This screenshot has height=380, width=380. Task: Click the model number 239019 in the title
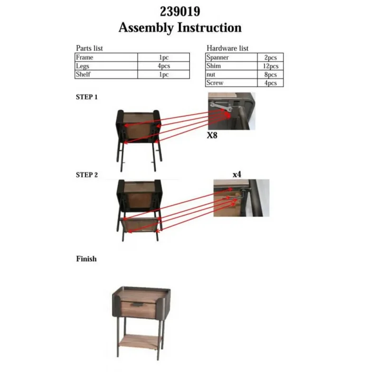tap(180, 11)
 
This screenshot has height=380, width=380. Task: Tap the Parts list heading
tap(89, 48)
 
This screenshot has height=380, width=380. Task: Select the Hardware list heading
tap(228, 48)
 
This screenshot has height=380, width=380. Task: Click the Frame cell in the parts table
tap(106, 57)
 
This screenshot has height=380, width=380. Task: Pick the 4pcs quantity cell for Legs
tap(163, 66)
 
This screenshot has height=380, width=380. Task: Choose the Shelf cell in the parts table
tap(106, 74)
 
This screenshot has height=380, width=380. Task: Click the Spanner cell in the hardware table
tap(231, 57)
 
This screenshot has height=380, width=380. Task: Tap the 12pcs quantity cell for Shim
tap(270, 66)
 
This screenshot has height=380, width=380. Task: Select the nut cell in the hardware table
tap(231, 74)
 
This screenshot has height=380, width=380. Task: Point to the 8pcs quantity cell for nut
tap(270, 75)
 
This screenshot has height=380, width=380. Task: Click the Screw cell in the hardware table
tap(231, 83)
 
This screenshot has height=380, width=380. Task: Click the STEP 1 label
tap(86, 97)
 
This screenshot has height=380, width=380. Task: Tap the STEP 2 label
tap(86, 175)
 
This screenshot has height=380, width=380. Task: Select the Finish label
tap(86, 259)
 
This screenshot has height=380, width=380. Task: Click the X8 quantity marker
tap(212, 135)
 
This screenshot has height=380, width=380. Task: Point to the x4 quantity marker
tap(237, 174)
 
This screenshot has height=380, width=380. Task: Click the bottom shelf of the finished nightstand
tap(140, 341)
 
